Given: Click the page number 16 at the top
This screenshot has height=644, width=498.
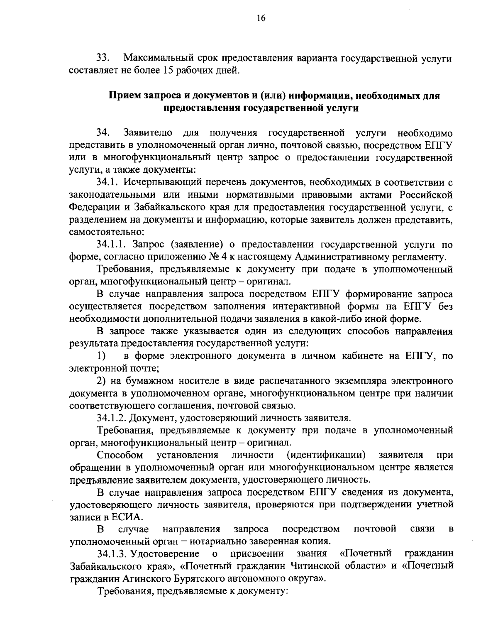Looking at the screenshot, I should (x=249, y=19).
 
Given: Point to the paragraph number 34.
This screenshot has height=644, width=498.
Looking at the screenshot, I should (x=103, y=133).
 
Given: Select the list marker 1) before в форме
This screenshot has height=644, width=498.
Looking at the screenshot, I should (x=101, y=356).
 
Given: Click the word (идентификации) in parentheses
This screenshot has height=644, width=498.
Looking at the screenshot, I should (x=326, y=455).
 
